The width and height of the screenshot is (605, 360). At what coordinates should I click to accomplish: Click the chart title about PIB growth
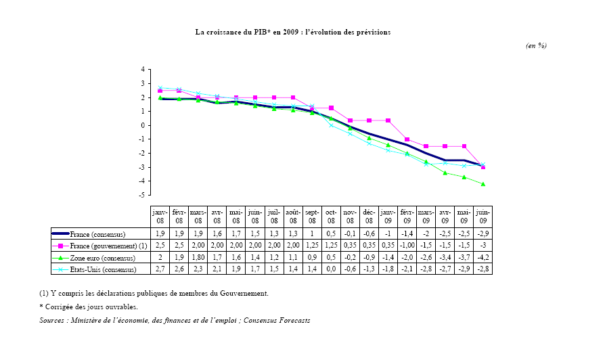(x=293, y=32)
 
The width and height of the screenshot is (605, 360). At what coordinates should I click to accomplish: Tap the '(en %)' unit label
(x=536, y=45)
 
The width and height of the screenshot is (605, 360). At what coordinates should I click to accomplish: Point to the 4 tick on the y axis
(x=143, y=69)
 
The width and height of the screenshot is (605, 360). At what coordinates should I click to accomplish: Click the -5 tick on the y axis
(x=142, y=195)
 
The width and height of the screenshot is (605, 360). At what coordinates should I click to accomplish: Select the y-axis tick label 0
(x=143, y=125)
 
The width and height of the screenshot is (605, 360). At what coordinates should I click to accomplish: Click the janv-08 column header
(x=160, y=217)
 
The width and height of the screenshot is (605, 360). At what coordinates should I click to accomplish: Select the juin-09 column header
(x=483, y=217)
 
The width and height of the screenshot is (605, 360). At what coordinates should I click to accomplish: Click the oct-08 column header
(x=331, y=217)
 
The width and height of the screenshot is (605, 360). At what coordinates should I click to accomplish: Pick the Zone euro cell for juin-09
(x=483, y=258)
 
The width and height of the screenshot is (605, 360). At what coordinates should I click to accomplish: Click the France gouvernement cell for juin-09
(x=483, y=246)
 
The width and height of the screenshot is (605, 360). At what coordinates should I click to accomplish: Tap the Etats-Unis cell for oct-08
(x=331, y=269)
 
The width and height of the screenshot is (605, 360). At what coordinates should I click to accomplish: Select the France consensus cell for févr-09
(x=407, y=234)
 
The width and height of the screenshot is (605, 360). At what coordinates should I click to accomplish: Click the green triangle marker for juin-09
(x=483, y=184)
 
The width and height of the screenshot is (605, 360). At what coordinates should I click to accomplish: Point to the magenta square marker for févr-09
(x=407, y=139)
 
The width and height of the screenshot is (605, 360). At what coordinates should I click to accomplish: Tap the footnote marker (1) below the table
(x=44, y=293)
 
